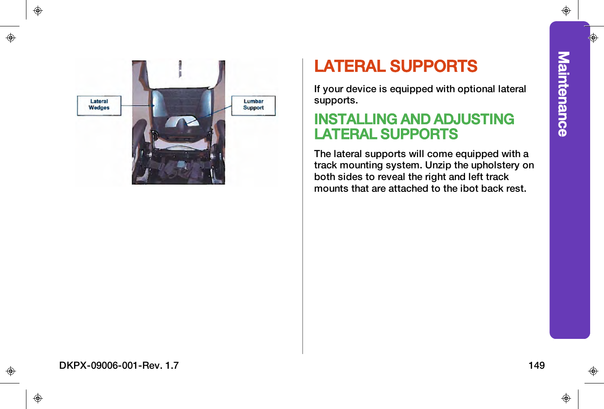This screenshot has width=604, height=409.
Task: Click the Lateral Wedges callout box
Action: pyautogui.click(x=99, y=105)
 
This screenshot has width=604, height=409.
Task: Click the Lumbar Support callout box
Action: pyautogui.click(x=253, y=105)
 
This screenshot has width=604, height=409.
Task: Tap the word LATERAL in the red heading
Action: pyautogui.click(x=349, y=66)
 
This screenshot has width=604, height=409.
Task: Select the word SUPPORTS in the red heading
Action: pyautogui.click(x=433, y=66)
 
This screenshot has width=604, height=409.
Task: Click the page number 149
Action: pyautogui.click(x=536, y=365)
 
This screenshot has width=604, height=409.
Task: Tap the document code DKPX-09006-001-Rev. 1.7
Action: pyautogui.click(x=119, y=365)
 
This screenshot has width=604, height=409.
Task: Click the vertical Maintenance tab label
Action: pyautogui.click(x=563, y=94)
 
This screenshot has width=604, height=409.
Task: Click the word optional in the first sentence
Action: pyautogui.click(x=476, y=89)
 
